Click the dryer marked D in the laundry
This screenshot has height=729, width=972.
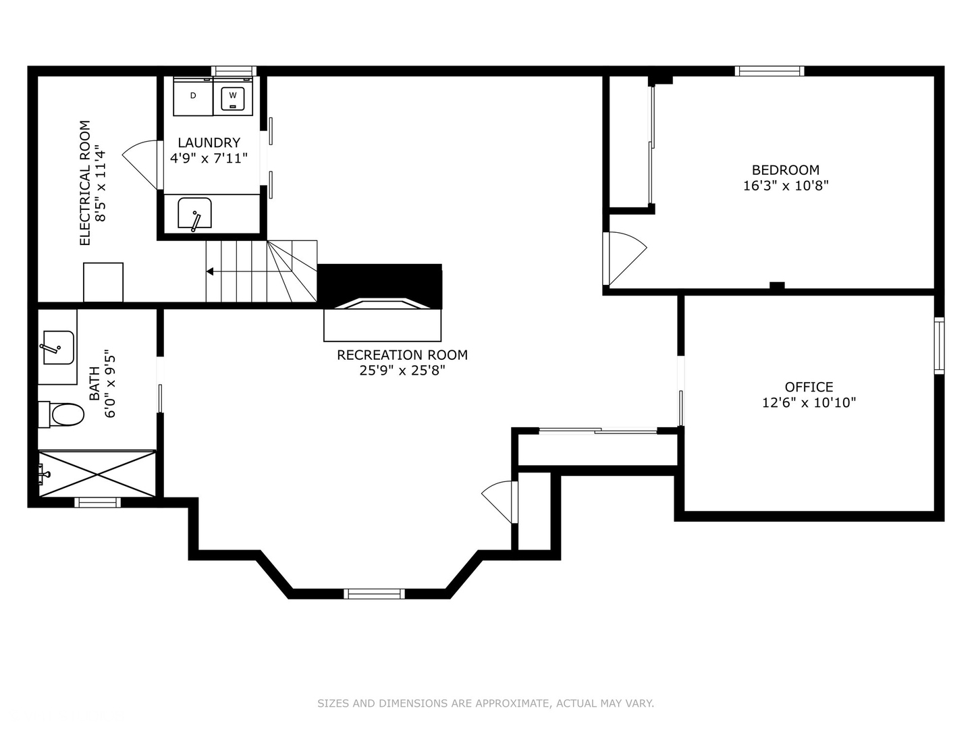(193, 96)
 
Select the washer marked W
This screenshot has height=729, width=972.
(233, 96)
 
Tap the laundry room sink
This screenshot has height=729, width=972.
(194, 214)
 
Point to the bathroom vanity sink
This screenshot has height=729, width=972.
(57, 347)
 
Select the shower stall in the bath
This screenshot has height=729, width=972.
(97, 474)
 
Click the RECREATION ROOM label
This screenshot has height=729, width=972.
(402, 355)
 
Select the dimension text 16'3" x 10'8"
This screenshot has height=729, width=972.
(786, 186)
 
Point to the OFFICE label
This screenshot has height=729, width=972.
(809, 387)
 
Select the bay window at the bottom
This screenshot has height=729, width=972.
(374, 594)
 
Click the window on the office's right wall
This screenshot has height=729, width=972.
(939, 345)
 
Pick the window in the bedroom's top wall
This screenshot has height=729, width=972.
(769, 71)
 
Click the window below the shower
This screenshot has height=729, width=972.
(97, 502)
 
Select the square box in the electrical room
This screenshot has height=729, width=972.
(103, 282)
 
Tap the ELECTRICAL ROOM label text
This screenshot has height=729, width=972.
(85, 183)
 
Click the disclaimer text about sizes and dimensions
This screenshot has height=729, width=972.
(485, 703)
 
